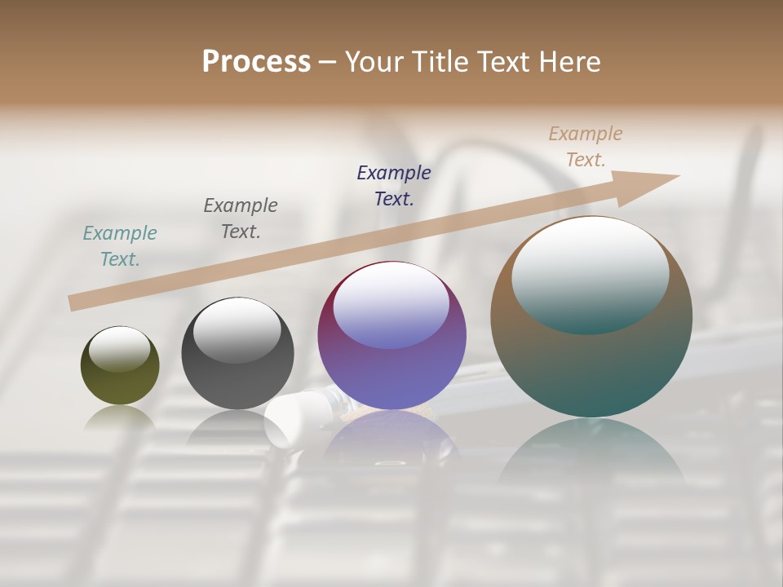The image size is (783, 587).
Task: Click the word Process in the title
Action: [256, 62]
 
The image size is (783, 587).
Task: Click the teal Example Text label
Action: [120, 246]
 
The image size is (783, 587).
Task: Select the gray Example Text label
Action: [241, 218]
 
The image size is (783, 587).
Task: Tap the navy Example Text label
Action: [394, 186]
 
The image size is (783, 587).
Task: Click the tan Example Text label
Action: [586, 147]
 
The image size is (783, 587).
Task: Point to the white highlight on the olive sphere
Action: [120, 349]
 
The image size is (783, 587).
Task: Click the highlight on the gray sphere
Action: [237, 330]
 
